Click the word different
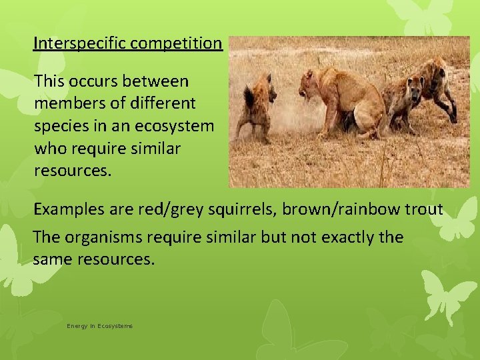click(163, 104)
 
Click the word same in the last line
click(54, 259)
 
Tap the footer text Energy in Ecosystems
click(99, 326)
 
